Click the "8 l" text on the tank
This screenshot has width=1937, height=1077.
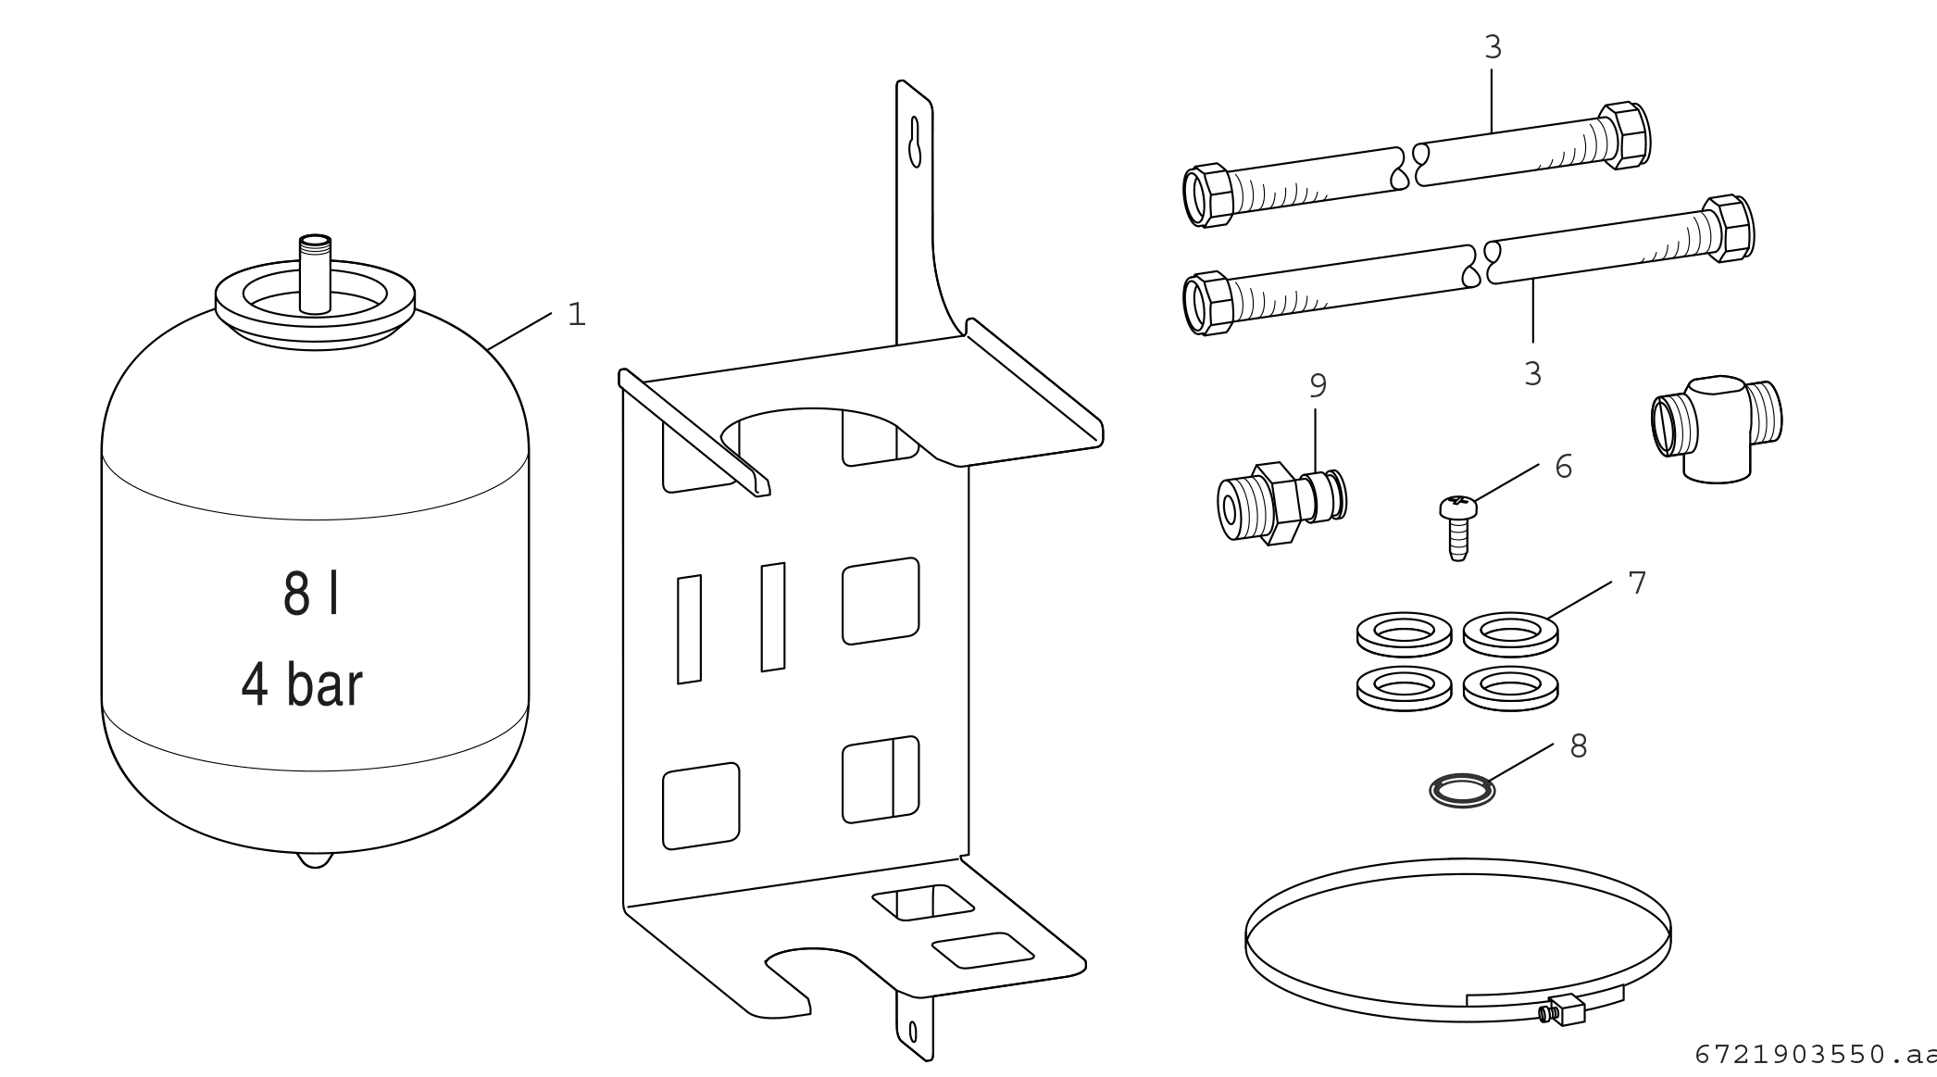310,595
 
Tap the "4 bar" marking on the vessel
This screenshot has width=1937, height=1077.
302,685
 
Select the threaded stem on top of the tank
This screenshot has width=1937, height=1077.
316,272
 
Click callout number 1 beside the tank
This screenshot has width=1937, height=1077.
577,315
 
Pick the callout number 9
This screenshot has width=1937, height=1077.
1318,386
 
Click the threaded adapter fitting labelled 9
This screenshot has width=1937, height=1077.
1281,503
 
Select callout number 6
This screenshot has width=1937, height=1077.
1563,467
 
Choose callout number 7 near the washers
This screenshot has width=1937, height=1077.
1637,583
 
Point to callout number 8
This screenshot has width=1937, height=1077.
1579,745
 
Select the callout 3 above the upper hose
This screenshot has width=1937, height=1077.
1493,47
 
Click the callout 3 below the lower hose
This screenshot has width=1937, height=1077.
1532,374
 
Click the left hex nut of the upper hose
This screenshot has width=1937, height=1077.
1208,195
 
